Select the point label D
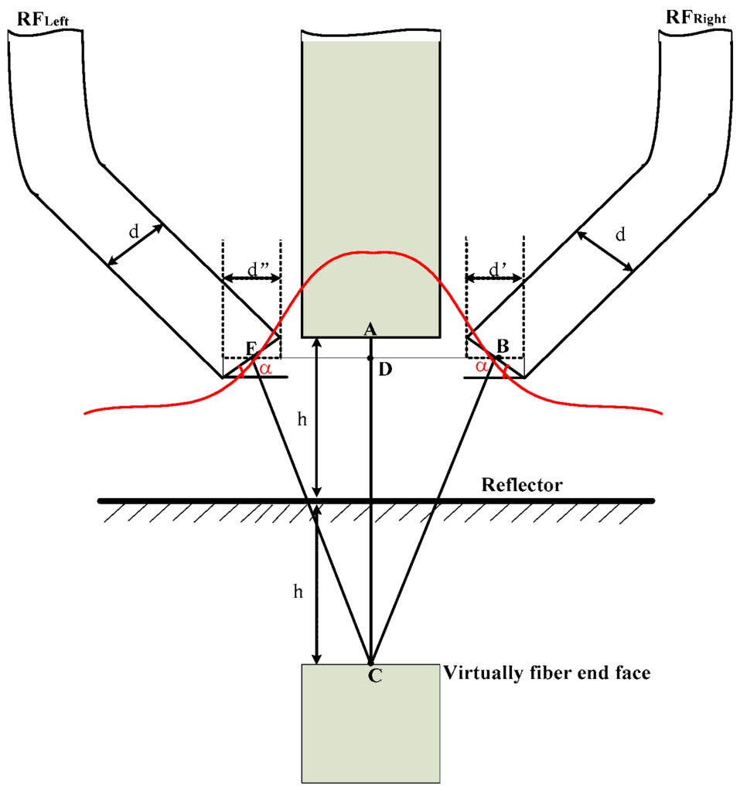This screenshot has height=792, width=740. pyautogui.click(x=384, y=370)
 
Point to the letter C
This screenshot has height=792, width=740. pyautogui.click(x=373, y=676)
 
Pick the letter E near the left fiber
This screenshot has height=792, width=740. pyautogui.click(x=251, y=347)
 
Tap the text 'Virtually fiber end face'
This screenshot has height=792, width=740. pyautogui.click(x=547, y=673)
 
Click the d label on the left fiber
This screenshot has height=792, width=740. pyautogui.click(x=134, y=232)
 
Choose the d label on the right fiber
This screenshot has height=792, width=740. pyautogui.click(x=619, y=235)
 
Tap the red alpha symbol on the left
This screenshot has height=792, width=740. pyautogui.click(x=265, y=369)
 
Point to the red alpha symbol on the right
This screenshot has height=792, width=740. pyautogui.click(x=483, y=367)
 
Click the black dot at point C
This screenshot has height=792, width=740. pyautogui.click(x=370, y=664)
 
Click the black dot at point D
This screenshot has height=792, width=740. pyautogui.click(x=370, y=358)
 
